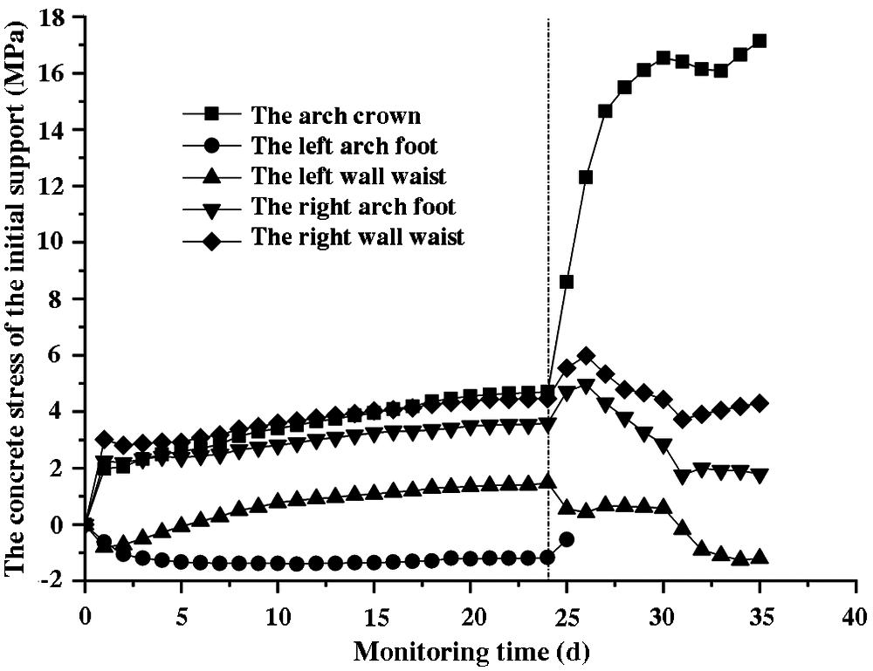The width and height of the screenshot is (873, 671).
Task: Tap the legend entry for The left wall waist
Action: (348, 176)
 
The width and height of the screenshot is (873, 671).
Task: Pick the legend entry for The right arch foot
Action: (353, 207)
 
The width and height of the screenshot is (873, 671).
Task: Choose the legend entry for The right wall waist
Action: (357, 236)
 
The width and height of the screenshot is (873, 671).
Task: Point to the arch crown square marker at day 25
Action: (567, 282)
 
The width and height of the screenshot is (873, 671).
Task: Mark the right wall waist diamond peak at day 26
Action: (586, 355)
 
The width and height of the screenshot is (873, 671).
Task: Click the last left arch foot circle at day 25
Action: (567, 539)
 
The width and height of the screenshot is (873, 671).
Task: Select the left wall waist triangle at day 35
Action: (760, 557)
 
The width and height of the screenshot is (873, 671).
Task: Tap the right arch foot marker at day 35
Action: (760, 476)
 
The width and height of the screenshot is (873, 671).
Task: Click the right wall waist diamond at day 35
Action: (760, 403)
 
